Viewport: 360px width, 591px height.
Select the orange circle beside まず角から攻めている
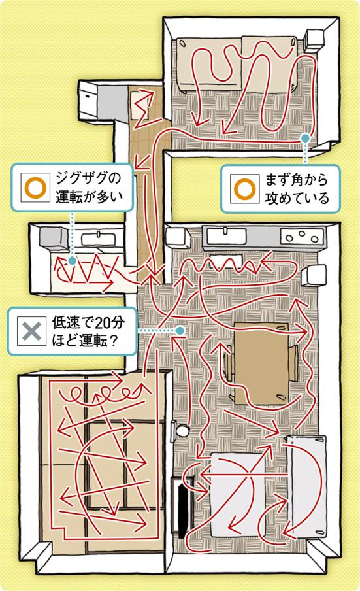244,188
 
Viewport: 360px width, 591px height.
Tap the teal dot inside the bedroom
305,139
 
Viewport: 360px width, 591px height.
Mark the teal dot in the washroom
72,260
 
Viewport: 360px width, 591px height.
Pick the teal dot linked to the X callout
180,331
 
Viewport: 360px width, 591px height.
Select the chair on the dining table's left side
228,365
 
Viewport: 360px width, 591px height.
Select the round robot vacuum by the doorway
183,430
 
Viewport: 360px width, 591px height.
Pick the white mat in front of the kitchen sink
226,260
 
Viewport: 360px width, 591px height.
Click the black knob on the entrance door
88,96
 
